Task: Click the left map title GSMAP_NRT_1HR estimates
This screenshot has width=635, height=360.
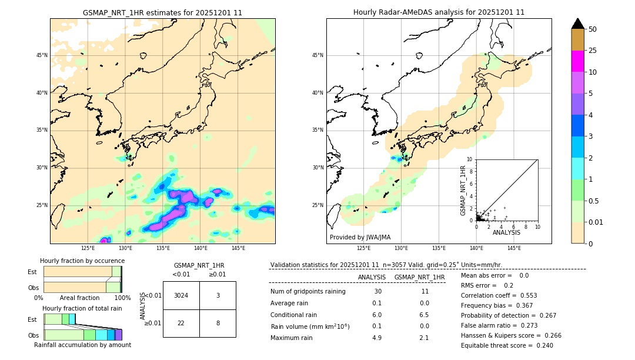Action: click(162, 12)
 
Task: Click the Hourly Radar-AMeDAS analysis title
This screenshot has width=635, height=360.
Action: click(439, 12)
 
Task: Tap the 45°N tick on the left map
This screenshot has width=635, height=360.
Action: click(42, 55)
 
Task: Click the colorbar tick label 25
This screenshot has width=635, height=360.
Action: click(593, 51)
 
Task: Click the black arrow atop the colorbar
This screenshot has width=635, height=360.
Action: click(578, 24)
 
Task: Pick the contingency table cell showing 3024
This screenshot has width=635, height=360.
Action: click(181, 295)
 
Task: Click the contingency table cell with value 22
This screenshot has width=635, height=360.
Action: click(181, 323)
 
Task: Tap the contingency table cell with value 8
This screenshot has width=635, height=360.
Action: click(218, 323)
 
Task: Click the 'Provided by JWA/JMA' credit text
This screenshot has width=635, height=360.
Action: click(360, 237)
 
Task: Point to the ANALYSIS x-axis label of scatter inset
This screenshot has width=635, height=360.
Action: click(507, 233)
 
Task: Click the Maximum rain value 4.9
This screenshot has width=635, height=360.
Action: click(376, 338)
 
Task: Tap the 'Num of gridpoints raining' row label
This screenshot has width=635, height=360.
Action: click(308, 292)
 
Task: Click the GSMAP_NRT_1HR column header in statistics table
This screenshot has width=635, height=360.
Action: click(419, 277)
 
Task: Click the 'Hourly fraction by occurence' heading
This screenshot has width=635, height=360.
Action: click(82, 261)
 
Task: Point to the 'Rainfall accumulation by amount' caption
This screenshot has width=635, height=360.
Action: click(82, 345)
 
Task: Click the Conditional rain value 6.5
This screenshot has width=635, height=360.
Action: click(424, 315)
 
